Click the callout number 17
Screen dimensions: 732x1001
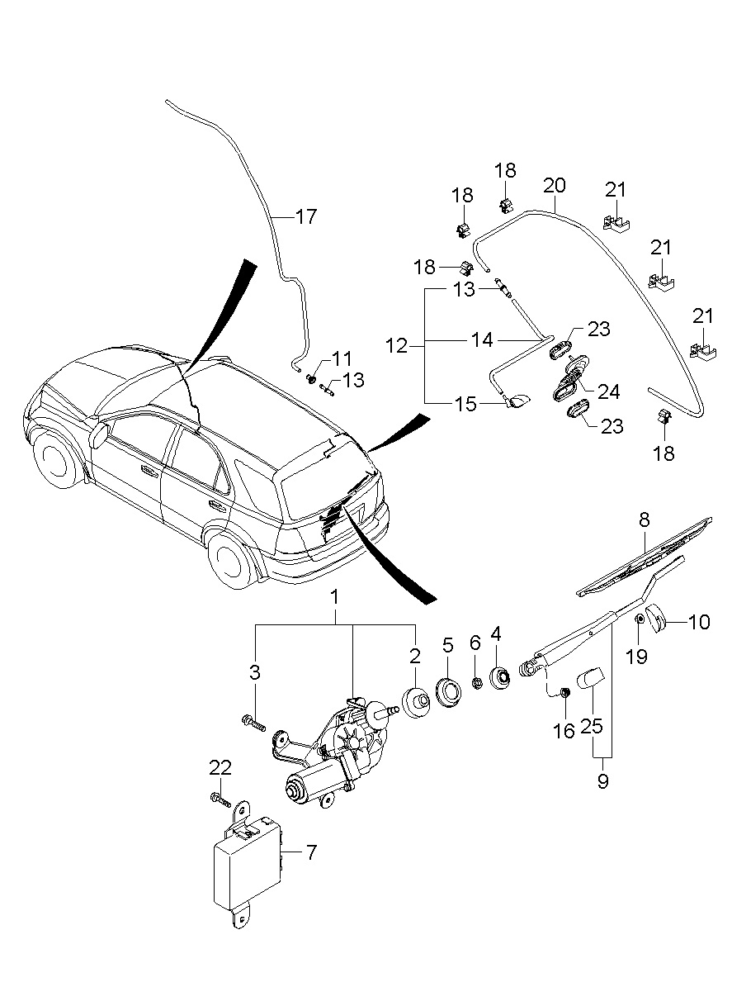pos(306,216)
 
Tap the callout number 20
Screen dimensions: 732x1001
pos(555,186)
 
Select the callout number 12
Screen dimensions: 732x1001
pos(397,346)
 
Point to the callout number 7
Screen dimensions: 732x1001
pos(311,852)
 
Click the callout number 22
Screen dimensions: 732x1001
pos(220,768)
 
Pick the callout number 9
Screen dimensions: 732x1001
pos(603,780)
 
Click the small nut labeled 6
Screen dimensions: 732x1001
pos(476,683)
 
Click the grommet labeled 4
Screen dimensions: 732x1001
pos(499,678)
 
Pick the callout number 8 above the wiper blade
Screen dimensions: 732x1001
pos(644,520)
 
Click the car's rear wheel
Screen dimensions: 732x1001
pos(230,557)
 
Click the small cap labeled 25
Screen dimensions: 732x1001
pos(589,678)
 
